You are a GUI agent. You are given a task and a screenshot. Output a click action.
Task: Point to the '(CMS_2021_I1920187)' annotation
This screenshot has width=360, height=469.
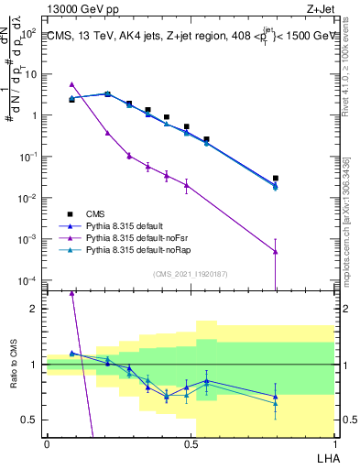coord(191,272)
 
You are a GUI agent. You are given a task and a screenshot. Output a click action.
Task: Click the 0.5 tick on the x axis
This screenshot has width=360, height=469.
coord(191,443)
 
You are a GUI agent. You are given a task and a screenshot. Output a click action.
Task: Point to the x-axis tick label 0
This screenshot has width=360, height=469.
coord(47,443)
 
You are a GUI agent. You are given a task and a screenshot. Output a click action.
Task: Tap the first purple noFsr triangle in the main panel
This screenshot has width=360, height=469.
coord(71,84)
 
